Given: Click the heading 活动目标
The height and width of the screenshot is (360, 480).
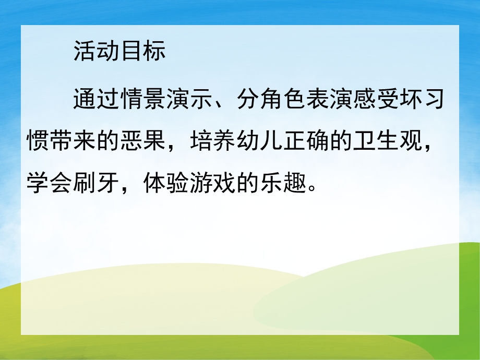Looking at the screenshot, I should (119, 52).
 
